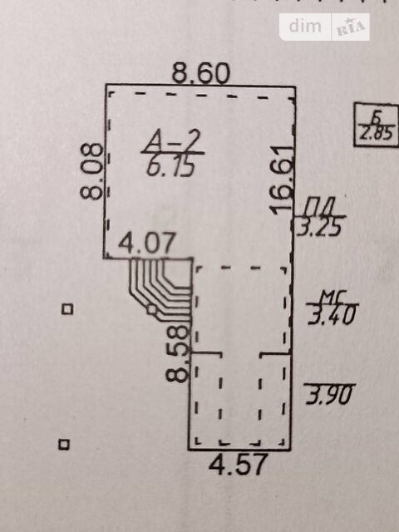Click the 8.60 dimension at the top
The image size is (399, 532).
(201, 73)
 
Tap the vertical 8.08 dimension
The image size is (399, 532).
(91, 171)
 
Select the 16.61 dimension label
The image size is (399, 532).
(282, 180)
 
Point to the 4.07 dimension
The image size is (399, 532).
(147, 242)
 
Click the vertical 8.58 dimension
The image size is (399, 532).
(177, 353)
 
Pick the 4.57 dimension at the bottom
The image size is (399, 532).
(239, 465)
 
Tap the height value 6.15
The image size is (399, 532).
(170, 167)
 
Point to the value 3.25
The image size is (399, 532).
(319, 227)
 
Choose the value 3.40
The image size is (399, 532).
(332, 314)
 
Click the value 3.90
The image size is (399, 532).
(329, 395)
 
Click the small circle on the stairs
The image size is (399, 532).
(151, 309)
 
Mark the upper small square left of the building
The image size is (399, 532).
(67, 309)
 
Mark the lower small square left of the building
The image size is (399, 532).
(64, 444)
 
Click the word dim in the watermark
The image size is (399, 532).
(305, 26)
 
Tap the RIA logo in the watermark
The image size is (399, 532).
(351, 27)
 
